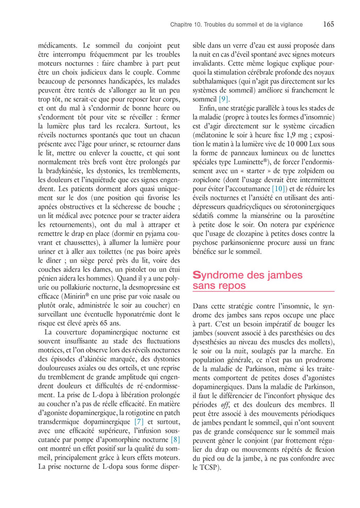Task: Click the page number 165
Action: (329, 24)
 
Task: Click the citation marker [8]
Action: (175, 440)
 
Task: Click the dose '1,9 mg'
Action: (295, 135)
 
